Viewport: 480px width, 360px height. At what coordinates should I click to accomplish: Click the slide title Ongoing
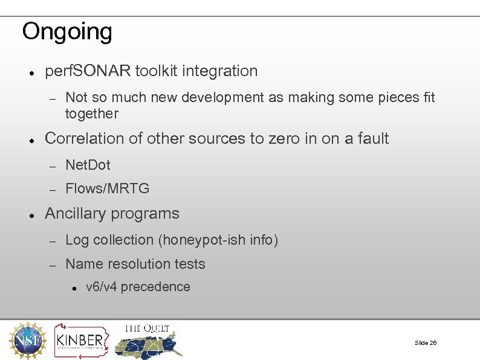click(x=66, y=31)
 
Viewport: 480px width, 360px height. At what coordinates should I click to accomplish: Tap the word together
click(x=92, y=114)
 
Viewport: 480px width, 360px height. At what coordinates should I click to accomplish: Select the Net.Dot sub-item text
click(x=88, y=164)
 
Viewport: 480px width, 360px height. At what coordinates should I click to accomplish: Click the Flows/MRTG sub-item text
click(x=107, y=188)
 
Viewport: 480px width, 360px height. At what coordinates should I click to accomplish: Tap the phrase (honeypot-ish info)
click(x=218, y=240)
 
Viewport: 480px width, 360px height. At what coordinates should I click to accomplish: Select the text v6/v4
click(x=102, y=287)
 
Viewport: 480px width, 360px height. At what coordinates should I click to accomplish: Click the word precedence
click(x=155, y=287)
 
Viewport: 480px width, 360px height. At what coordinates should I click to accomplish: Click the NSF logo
click(x=26, y=341)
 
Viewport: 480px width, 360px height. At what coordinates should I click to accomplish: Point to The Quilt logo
click(x=148, y=340)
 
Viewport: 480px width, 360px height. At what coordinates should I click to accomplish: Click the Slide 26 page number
click(x=426, y=342)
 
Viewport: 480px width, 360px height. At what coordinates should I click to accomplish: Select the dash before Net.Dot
click(x=53, y=166)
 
